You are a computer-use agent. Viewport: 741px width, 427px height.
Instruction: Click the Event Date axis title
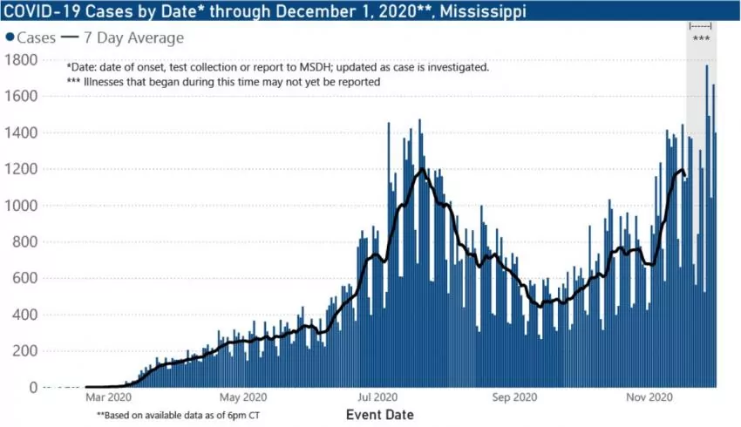coord(380,414)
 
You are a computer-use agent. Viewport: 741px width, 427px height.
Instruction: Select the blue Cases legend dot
coord(10,38)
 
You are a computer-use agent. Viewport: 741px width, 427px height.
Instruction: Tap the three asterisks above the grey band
coord(700,39)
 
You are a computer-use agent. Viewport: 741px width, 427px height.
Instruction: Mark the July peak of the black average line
coord(423,169)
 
